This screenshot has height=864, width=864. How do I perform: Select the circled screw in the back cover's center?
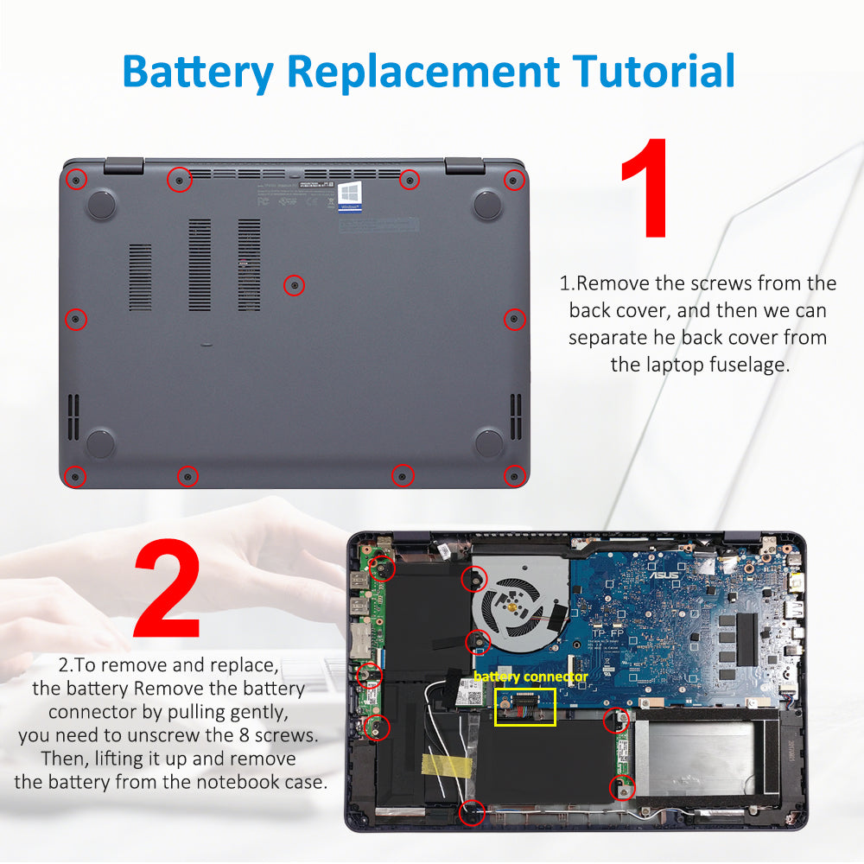[295, 284]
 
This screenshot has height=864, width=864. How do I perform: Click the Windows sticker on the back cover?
[350, 196]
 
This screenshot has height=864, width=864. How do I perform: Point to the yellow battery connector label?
[530, 677]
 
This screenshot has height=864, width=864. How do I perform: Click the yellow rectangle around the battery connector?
[524, 707]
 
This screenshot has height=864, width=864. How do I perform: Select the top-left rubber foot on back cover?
[102, 204]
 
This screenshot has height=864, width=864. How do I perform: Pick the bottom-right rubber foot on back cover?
[489, 442]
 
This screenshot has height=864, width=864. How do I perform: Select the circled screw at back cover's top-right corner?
[514, 180]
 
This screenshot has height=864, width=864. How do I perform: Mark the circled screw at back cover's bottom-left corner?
[76, 476]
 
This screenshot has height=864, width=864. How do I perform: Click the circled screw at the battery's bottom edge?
[472, 810]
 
